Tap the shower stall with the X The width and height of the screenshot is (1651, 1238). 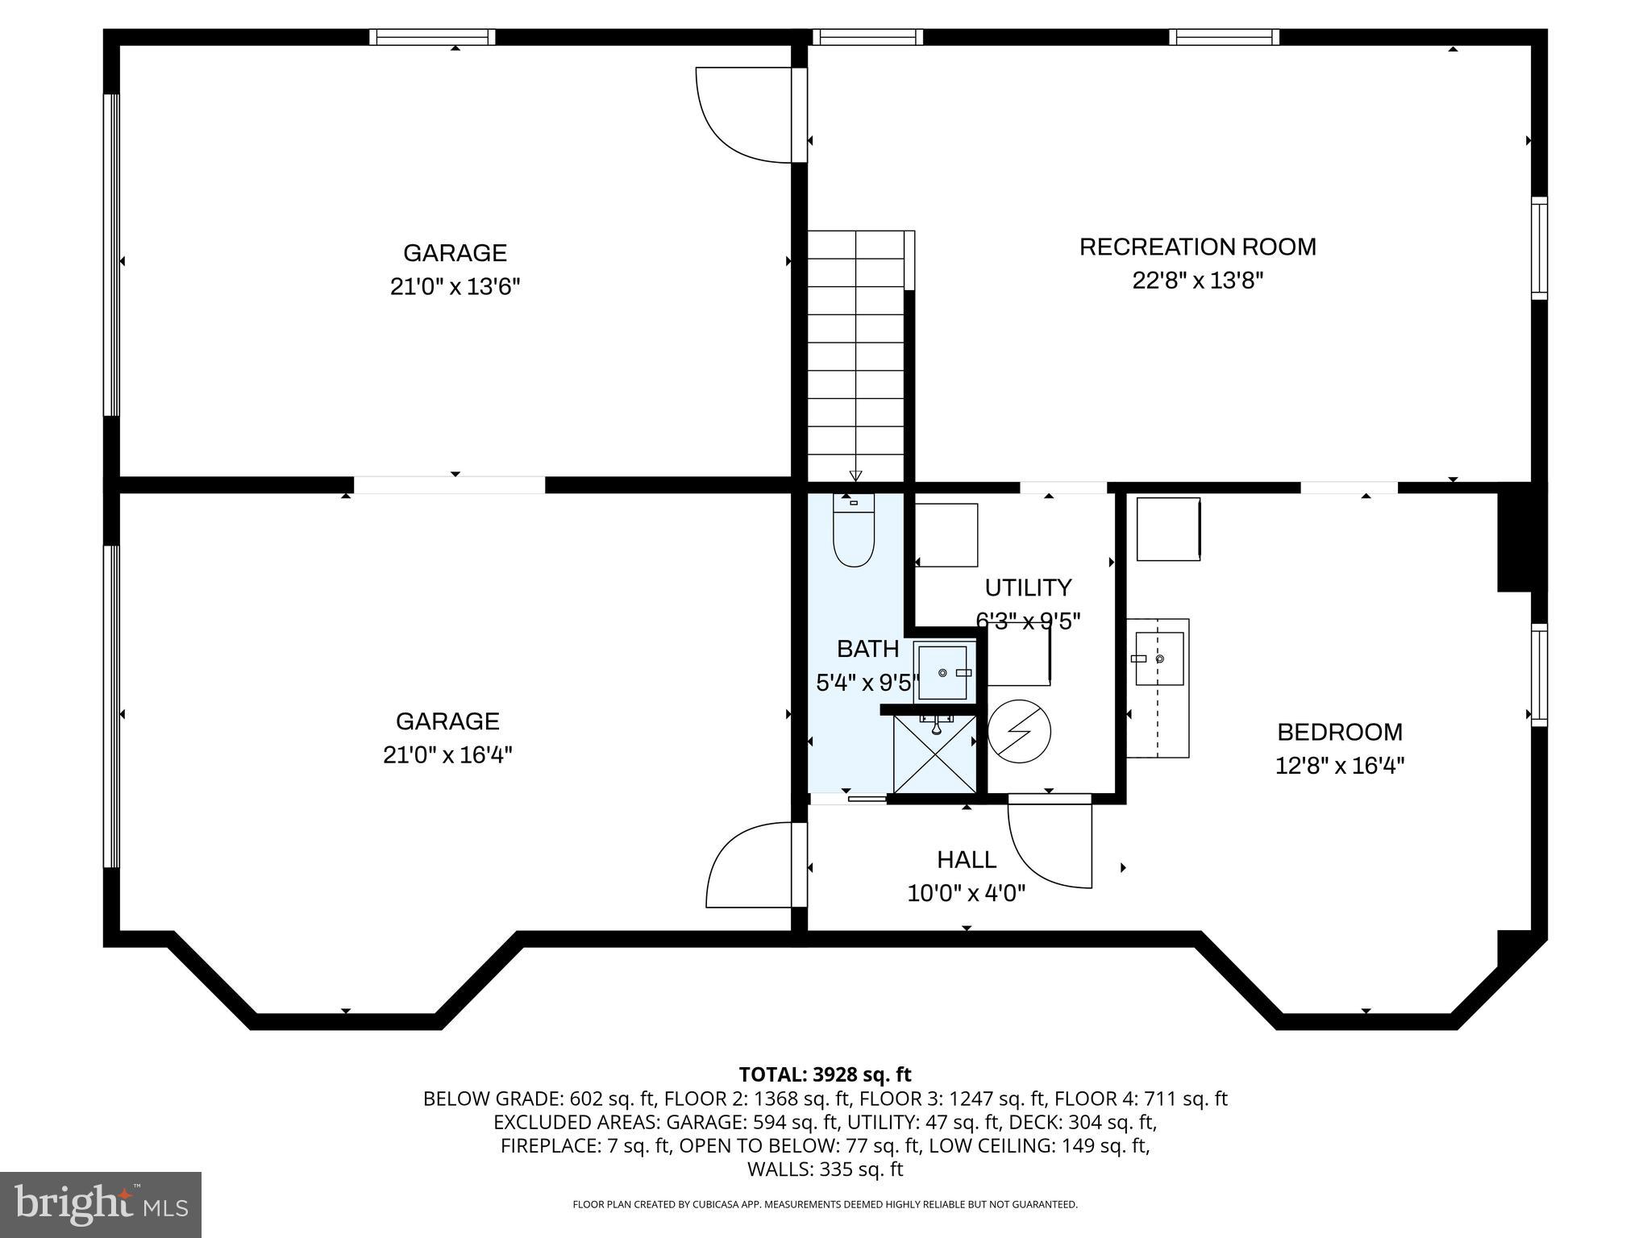click(934, 754)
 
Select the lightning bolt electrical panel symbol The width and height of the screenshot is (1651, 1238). click(1019, 731)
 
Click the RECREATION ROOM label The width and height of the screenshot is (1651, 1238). click(1197, 247)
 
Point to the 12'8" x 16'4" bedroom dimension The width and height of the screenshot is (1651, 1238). click(1339, 766)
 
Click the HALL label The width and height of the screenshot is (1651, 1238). click(966, 860)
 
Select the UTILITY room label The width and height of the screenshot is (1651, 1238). click(1028, 588)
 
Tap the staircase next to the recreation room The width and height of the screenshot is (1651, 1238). click(856, 355)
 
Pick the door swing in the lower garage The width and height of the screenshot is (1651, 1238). click(750, 866)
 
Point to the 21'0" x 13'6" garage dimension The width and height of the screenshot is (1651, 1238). click(455, 287)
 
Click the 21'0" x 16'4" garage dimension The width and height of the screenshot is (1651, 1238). click(447, 755)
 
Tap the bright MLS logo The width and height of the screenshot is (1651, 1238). click(101, 1204)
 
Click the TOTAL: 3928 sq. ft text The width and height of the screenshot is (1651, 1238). click(825, 1074)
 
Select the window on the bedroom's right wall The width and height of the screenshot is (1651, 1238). click(1539, 675)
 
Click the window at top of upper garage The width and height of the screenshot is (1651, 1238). click(432, 37)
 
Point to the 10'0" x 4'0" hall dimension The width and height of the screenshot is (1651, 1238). click(966, 894)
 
